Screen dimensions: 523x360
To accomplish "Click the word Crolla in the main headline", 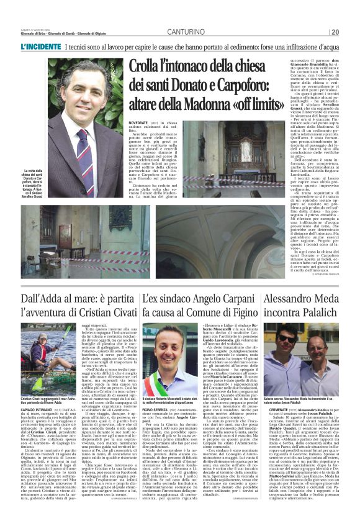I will click(x=145, y=68).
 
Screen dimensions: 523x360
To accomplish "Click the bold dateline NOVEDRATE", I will click(x=138, y=124).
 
